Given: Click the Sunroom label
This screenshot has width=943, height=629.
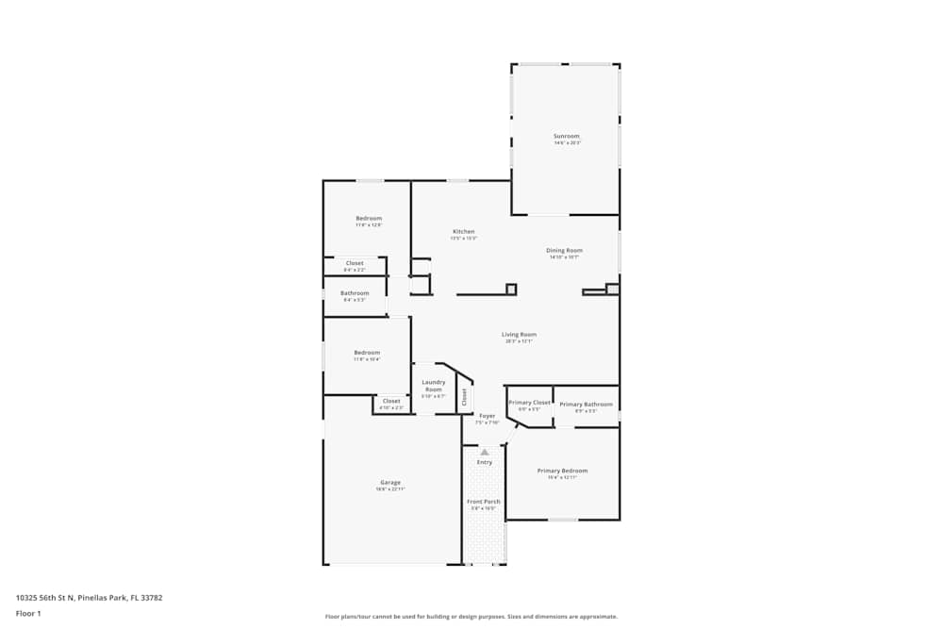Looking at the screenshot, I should click(x=567, y=137).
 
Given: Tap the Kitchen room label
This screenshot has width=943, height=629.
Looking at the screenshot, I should click(x=463, y=231).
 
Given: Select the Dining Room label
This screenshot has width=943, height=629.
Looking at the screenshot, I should click(x=564, y=251).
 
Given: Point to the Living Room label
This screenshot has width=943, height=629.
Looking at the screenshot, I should click(x=519, y=335).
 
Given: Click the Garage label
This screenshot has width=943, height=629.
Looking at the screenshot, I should click(x=390, y=483).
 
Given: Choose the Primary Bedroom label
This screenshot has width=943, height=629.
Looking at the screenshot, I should click(x=562, y=471).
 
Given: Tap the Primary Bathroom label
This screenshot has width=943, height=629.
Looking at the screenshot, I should click(x=586, y=405).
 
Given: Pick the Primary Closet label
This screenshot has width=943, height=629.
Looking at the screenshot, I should click(x=529, y=403).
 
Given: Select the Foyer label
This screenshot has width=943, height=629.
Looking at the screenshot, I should click(x=487, y=416).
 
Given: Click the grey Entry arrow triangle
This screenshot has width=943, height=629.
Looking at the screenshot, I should click(x=485, y=453).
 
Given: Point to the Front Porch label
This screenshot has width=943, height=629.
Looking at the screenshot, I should click(x=485, y=502).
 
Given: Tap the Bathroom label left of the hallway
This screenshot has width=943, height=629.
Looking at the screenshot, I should click(x=355, y=293).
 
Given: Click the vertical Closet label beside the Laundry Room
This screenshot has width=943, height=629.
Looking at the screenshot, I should click(x=464, y=397).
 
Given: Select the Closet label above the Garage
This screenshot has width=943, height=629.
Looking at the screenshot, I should click(x=391, y=402).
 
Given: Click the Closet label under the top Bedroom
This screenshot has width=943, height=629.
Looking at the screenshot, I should click(x=355, y=263).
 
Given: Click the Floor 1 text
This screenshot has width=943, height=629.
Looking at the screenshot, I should click(x=28, y=613).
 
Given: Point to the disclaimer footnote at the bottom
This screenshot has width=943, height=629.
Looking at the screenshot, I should click(x=471, y=616).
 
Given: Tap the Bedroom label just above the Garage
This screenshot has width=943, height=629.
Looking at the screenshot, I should click(x=367, y=353).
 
